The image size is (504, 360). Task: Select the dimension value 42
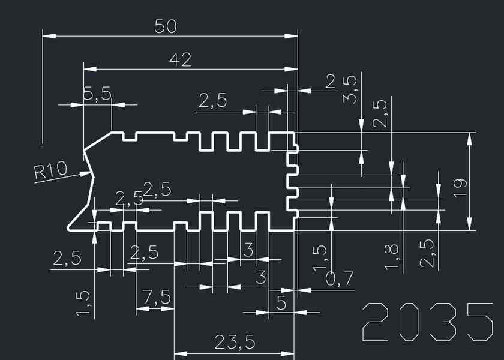pos(180,59)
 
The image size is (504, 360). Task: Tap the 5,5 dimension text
pos(97,94)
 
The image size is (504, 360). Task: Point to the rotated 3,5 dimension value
pos(351,89)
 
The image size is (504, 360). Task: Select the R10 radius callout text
pos(50,172)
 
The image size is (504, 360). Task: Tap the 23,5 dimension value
pos(235,343)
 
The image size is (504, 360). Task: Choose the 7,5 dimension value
pos(157,297)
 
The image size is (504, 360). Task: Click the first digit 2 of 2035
pos(378,322)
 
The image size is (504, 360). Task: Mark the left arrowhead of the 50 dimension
pos(43,36)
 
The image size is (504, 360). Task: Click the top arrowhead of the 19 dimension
pos(469,133)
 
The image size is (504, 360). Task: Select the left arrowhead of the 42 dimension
pos(84,69)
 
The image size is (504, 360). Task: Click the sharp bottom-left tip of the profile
pos(67,229)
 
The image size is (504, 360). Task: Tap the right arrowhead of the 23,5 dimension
pos(293,353)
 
